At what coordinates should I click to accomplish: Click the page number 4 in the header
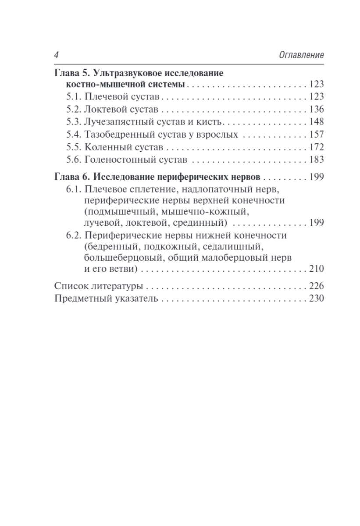point(57,55)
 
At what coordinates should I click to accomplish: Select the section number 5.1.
point(75,97)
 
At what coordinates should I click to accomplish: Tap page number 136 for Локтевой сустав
point(316,110)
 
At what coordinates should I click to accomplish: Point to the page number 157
point(316,135)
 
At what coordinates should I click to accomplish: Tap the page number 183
point(316,160)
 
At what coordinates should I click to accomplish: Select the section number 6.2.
point(75,235)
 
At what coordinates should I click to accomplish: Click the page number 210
point(316,268)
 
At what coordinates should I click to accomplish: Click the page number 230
point(316,299)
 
